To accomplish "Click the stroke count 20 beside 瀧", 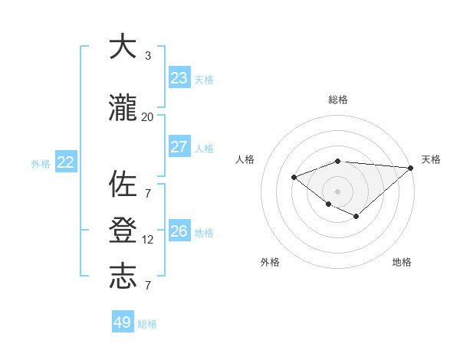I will point(148,116).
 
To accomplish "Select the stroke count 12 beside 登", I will point(148,240).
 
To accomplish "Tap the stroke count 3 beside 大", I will point(148,55).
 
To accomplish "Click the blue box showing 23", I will point(179,78).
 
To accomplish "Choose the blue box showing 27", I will point(179,147).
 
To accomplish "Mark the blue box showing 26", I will point(179,231).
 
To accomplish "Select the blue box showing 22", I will point(65,162).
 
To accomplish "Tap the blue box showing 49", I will point(123,322).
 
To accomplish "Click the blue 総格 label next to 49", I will point(148,324).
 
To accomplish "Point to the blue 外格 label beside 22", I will point(41,163).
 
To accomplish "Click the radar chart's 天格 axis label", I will point(431,159).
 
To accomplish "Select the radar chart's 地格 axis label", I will point(402,262).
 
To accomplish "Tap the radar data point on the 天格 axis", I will point(411,168).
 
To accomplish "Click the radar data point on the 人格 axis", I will point(294,178).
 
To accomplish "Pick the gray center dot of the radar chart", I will point(337,191).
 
